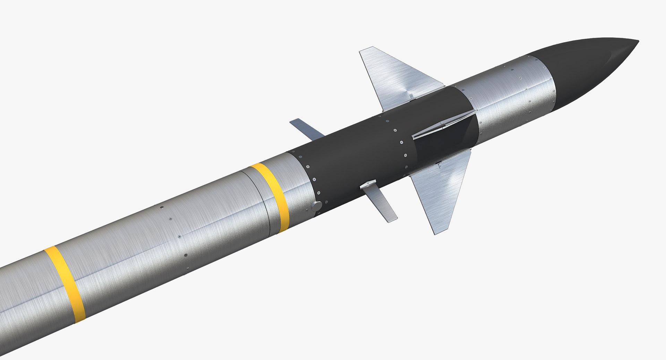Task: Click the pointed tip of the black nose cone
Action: pyautogui.click(x=638, y=42)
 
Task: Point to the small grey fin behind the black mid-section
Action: pyautogui.click(x=305, y=127)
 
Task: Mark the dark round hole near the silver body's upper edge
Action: pyautogui.click(x=162, y=207)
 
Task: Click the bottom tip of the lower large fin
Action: pyautogui.click(x=437, y=233)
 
